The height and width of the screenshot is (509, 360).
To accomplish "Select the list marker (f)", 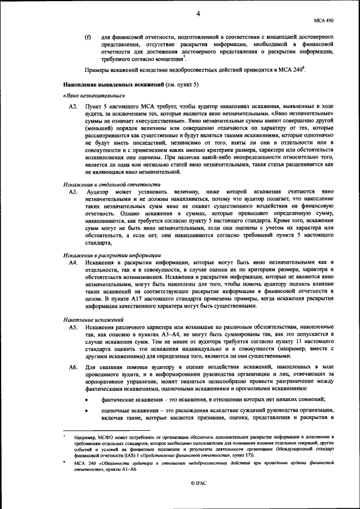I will (88, 37).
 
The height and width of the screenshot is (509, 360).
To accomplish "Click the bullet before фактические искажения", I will (86, 400).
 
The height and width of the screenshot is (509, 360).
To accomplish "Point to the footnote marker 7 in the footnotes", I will (65, 435).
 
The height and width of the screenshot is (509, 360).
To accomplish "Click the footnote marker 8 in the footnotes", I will (65, 460).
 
